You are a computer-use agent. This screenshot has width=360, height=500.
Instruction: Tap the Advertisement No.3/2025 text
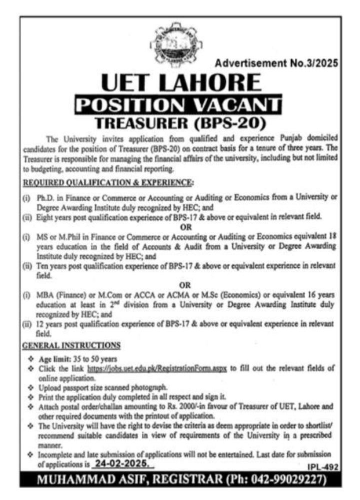276,63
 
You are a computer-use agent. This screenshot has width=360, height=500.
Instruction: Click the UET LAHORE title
180,82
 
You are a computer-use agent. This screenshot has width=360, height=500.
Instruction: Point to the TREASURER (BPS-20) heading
180,122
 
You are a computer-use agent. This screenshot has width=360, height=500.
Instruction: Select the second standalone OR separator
186,285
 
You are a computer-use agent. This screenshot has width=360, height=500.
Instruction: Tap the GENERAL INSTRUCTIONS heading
71,345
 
